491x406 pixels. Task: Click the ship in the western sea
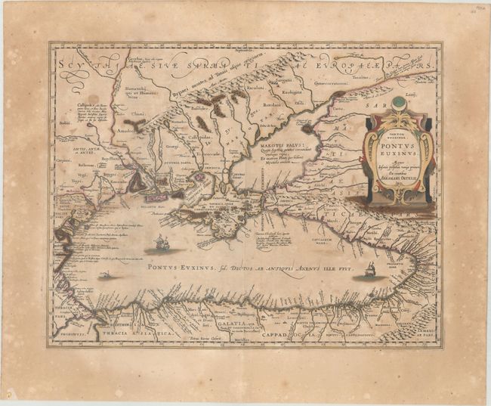(x=160, y=243)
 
